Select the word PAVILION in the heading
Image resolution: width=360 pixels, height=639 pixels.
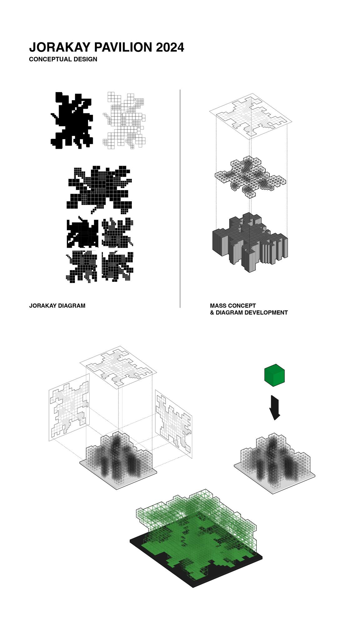(123, 47)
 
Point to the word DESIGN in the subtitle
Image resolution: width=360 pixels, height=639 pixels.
(85, 59)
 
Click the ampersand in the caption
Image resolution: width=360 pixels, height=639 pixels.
(212, 312)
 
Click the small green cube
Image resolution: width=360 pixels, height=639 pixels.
(274, 375)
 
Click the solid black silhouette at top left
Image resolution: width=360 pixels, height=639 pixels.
(72, 120)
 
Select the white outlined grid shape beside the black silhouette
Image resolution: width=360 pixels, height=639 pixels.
(125, 120)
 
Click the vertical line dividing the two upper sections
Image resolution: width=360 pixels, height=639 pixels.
(180, 199)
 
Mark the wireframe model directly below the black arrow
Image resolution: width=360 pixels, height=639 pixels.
(274, 462)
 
